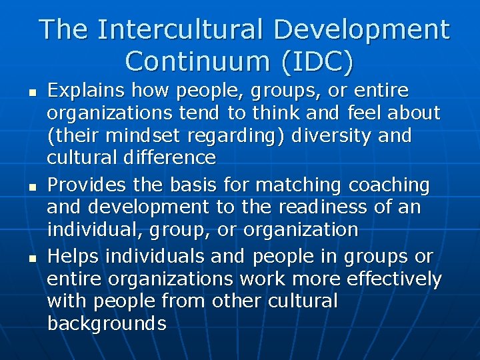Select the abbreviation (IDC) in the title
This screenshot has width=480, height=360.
[x=317, y=61]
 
